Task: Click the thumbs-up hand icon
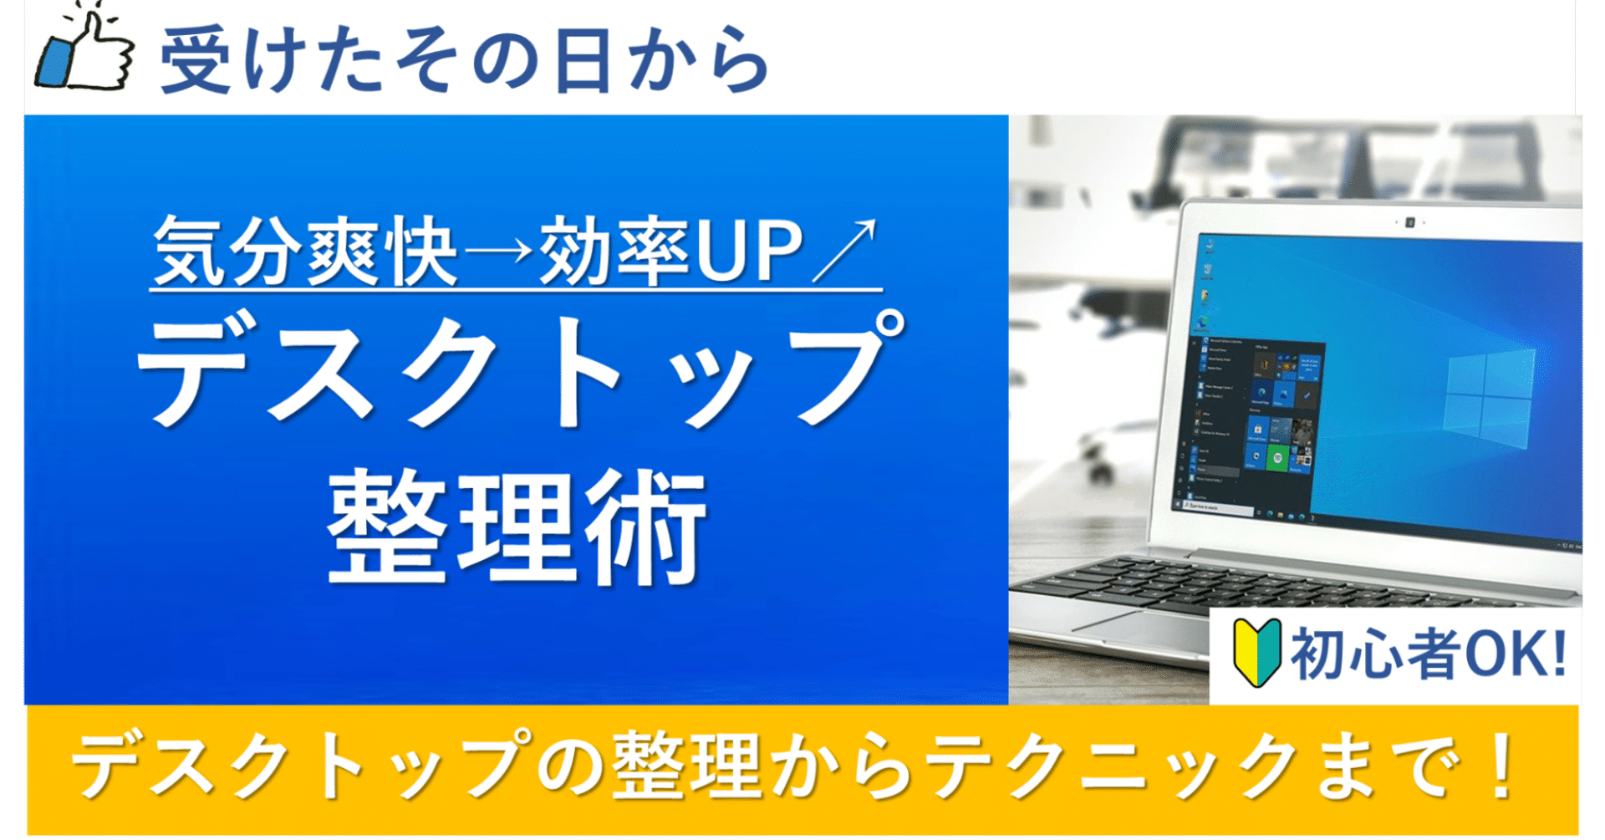pyautogui.click(x=84, y=52)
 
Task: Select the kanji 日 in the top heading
pyautogui.click(x=583, y=60)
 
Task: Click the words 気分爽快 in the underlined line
pyautogui.click(x=305, y=251)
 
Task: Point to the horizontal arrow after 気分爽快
pyautogui.click(x=498, y=251)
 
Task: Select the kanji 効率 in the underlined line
pyautogui.click(x=614, y=251)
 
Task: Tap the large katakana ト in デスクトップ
pyautogui.click(x=577, y=372)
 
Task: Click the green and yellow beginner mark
pyautogui.click(x=1256, y=653)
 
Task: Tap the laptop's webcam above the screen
pyautogui.click(x=1409, y=222)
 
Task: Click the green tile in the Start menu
pyautogui.click(x=1276, y=457)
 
